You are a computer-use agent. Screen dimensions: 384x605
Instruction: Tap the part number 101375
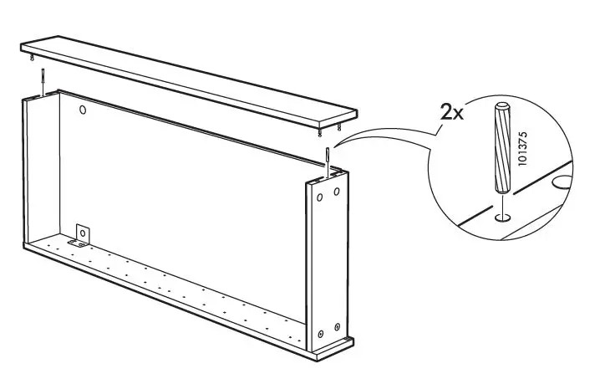point(523,149)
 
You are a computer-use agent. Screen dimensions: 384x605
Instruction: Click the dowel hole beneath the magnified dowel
point(501,218)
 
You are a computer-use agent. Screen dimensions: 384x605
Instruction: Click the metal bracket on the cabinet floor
point(83,235)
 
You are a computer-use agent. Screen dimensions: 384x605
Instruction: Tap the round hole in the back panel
point(82,110)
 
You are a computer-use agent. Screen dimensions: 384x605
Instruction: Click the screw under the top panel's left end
point(33,58)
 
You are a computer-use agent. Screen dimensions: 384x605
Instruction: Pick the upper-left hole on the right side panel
point(319,197)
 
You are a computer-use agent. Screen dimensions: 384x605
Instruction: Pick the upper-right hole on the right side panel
point(337,192)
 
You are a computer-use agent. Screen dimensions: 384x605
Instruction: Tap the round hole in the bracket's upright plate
point(84,230)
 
